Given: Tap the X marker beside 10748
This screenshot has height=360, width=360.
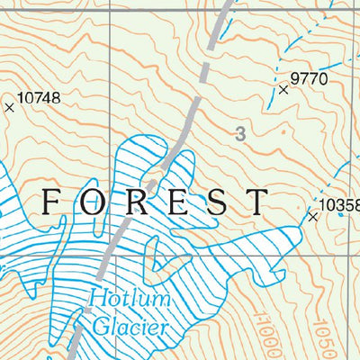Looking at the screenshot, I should (x=10, y=107).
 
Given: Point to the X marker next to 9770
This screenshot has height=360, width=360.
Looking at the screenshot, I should (x=284, y=90).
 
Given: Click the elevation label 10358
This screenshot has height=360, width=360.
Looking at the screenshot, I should (x=340, y=205).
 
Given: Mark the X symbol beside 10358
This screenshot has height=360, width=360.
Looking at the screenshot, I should (x=313, y=217).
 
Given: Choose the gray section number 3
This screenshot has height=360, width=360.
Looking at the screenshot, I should (x=238, y=135).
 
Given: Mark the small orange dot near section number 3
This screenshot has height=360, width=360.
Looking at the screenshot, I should (x=282, y=131).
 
